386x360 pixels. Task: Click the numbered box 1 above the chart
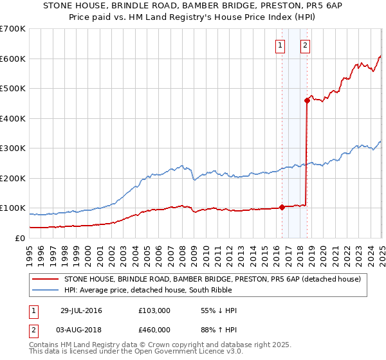pos(281,45)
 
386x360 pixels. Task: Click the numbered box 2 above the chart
pos(305,45)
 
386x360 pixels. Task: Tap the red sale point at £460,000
pos(308,100)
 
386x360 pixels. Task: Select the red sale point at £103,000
pos(282,207)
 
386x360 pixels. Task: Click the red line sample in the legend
pos(46,279)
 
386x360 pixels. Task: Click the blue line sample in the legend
pos(46,290)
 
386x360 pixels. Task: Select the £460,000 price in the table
pos(154,329)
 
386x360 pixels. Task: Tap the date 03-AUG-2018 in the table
pos(81,329)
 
